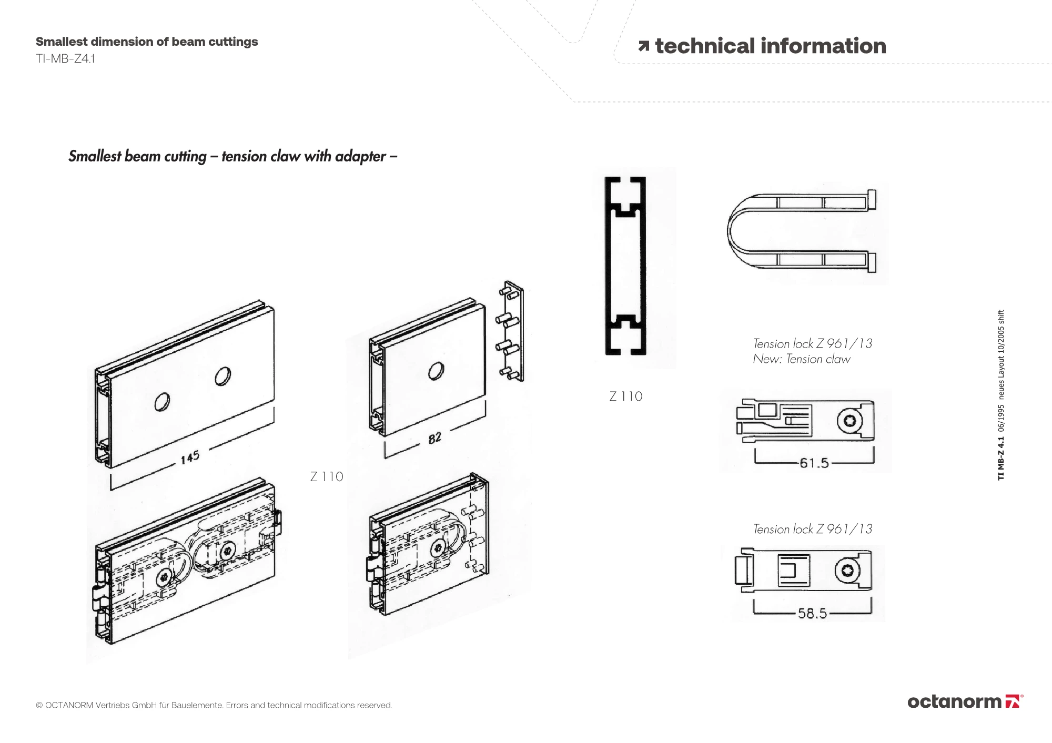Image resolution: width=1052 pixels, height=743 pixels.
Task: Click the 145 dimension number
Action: (190, 457)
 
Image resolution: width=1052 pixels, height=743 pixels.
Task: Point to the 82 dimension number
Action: (434, 438)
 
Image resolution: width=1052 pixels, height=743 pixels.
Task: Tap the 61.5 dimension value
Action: (814, 463)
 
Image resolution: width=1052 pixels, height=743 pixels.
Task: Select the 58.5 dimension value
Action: (812, 613)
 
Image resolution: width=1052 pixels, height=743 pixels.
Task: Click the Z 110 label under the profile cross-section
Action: (626, 396)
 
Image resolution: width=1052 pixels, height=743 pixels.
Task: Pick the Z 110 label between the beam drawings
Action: (327, 477)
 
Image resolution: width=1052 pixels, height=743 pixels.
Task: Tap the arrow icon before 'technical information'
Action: (643, 46)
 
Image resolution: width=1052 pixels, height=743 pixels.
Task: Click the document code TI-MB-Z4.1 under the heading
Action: (65, 58)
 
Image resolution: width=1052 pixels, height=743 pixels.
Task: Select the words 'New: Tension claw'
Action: (801, 359)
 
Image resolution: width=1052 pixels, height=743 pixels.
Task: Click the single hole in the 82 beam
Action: (436, 371)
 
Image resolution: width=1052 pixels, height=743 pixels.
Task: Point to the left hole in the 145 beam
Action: (162, 402)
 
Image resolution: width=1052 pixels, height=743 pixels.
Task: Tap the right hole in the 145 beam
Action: (222, 375)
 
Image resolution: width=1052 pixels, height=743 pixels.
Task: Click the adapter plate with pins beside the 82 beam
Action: (511, 331)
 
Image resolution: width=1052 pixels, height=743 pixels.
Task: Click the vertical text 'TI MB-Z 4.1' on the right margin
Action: (1000, 460)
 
